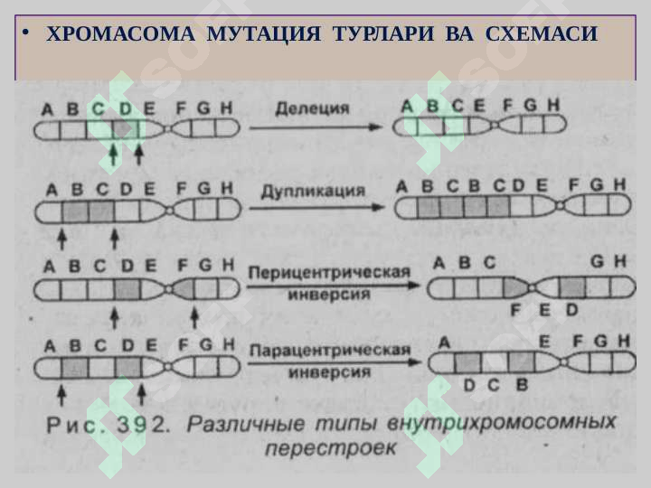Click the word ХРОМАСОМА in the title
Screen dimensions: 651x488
120,33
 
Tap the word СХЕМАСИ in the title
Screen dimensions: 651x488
541,33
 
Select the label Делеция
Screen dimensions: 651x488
312,108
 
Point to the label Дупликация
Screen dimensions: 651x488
313,192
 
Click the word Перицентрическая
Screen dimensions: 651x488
329,273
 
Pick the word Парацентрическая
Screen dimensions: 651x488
330,351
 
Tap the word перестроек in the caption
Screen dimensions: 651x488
331,448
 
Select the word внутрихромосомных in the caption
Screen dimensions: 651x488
501,424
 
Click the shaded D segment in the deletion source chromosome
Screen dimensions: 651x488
126,128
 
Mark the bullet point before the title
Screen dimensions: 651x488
26,33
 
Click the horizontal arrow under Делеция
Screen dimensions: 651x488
316,127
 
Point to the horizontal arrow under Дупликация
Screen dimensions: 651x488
316,207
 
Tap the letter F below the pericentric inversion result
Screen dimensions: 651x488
515,310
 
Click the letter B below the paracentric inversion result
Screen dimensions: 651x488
522,385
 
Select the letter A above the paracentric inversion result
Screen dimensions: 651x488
444,343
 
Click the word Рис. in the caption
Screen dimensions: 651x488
76,425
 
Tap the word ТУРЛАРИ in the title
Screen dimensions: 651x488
383,33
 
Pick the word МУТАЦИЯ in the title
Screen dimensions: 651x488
264,33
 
